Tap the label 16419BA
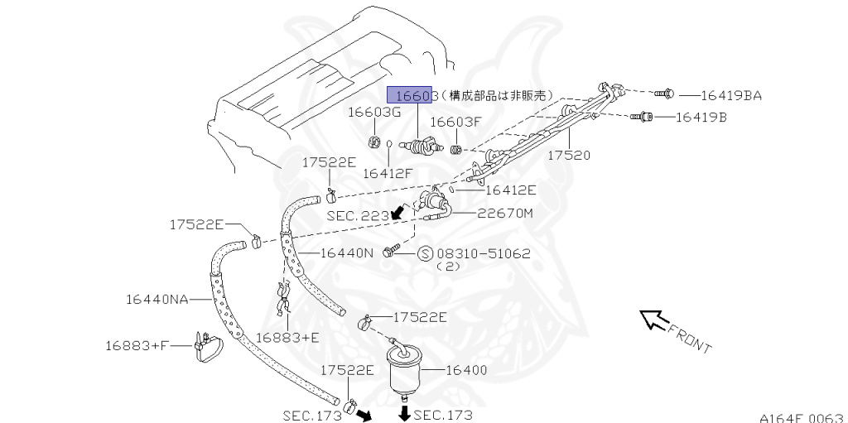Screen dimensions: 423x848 (731, 96)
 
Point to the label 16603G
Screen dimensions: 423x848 (373, 112)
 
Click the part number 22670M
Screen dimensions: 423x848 (504, 214)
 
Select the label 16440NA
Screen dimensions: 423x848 (157, 298)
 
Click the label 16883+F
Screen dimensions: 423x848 (137, 344)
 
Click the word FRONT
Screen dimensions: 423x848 (689, 339)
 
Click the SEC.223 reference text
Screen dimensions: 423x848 (357, 215)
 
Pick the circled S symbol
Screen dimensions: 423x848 (425, 253)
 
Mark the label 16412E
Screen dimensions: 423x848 (510, 190)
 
